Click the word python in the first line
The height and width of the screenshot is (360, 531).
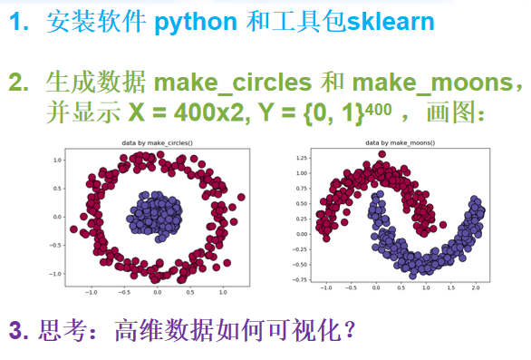(x=196, y=22)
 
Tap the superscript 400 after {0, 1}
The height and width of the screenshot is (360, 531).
(x=381, y=109)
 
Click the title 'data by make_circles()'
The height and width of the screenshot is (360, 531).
(x=158, y=143)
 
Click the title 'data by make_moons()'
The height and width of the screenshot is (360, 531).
(x=400, y=143)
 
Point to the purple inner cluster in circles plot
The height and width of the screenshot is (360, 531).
(x=158, y=217)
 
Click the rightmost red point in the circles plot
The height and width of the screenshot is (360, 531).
(x=240, y=197)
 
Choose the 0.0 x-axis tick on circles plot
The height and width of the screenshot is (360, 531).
(x=157, y=293)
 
